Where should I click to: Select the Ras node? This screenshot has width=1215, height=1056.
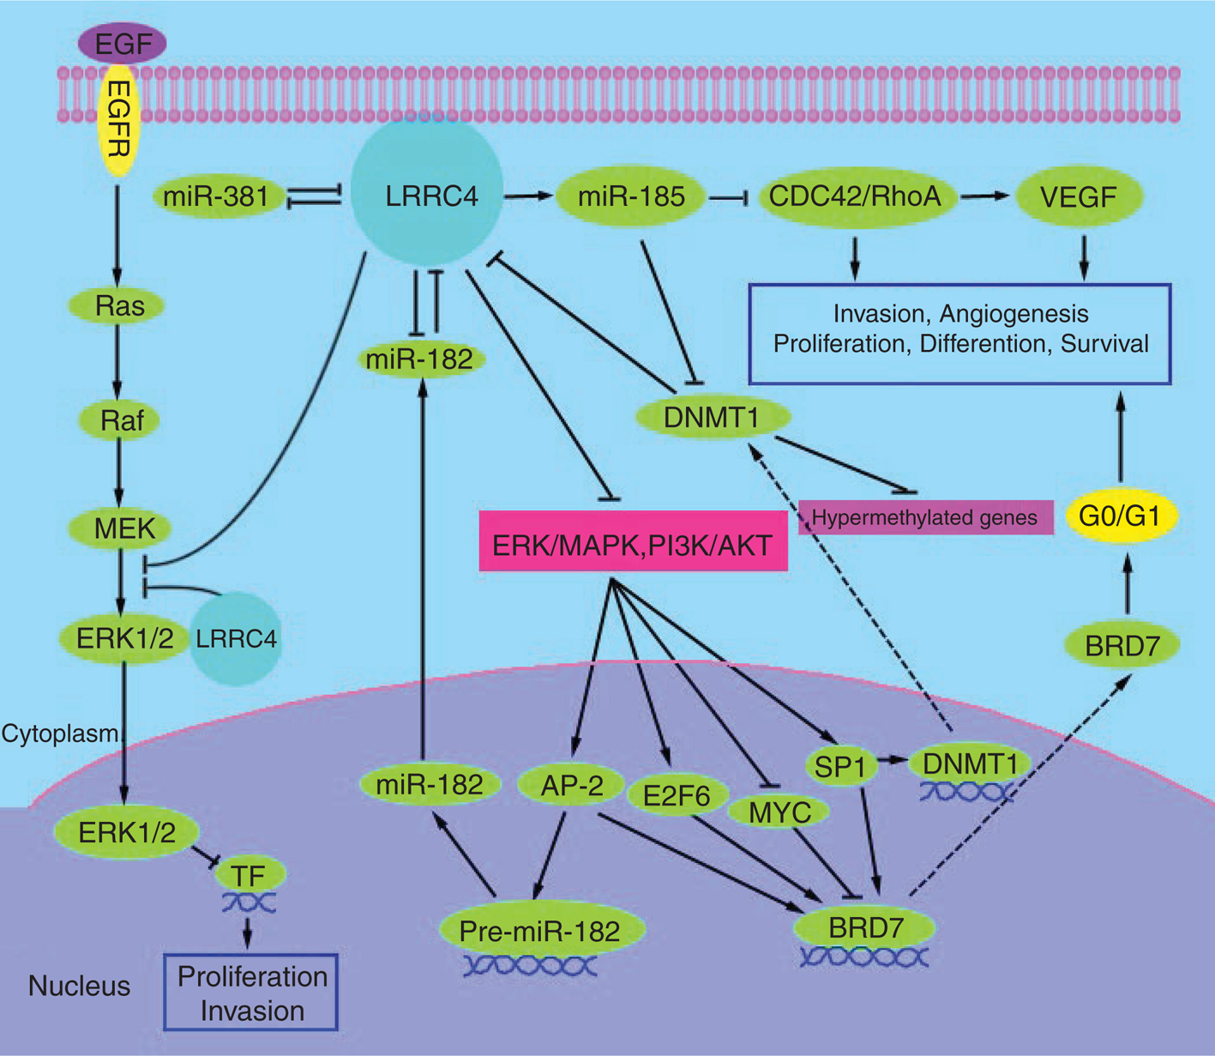click(x=119, y=305)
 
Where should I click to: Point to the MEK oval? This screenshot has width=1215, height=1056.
click(x=123, y=528)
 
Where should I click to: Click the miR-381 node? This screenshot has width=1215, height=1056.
click(x=215, y=196)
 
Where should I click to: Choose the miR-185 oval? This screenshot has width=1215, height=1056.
click(x=631, y=196)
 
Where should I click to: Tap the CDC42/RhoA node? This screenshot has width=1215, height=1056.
click(x=854, y=196)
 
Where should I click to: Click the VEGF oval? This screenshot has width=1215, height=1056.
click(x=1078, y=197)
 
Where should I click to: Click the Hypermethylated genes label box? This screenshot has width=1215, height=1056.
click(x=925, y=517)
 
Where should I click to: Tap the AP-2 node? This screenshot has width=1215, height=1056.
click(x=571, y=784)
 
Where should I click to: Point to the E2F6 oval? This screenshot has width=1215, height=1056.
click(x=677, y=797)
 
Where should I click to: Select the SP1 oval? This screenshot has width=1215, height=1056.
click(x=840, y=767)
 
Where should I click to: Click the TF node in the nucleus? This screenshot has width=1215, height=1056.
click(x=248, y=876)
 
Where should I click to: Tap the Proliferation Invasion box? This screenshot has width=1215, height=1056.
click(x=251, y=993)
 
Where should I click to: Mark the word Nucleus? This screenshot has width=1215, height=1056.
click(x=79, y=986)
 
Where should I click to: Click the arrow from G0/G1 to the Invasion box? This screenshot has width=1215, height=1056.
click(x=1119, y=437)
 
